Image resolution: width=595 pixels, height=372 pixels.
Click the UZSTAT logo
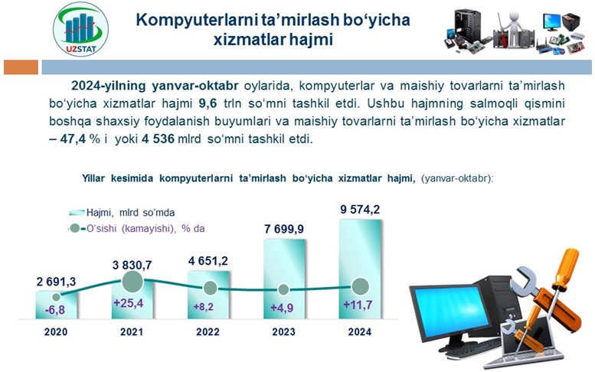[x=80, y=29]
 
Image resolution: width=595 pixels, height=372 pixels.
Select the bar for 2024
[x=360, y=269]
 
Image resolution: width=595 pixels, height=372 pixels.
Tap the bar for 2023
[x=284, y=279]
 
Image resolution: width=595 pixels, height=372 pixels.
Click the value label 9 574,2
[x=360, y=209]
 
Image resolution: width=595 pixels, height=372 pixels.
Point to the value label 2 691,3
[x=56, y=282]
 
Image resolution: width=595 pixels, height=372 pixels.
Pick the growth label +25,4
[x=129, y=303]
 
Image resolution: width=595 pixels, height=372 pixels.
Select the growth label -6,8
[x=55, y=310]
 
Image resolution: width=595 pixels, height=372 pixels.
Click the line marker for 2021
[x=132, y=282]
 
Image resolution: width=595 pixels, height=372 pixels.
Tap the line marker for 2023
[x=283, y=289]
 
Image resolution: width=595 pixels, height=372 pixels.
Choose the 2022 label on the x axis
[x=208, y=331]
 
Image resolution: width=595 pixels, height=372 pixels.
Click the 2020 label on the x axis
[x=56, y=331]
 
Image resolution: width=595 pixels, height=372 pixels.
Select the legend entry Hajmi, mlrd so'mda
[x=122, y=212]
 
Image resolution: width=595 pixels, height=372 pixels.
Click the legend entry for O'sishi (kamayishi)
[x=137, y=229]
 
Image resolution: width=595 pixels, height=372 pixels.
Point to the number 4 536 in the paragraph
[x=158, y=139]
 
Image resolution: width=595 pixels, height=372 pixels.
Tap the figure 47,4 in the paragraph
[x=73, y=139]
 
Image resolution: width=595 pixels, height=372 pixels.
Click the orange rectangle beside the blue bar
[x=21, y=67]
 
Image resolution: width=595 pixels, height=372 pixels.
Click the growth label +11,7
[x=358, y=305]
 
